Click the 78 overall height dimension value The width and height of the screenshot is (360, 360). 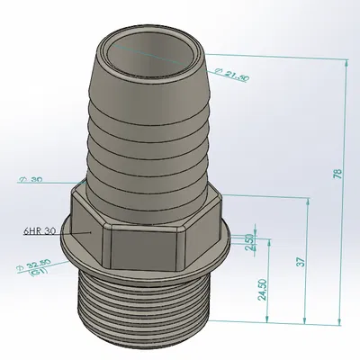click(337, 174)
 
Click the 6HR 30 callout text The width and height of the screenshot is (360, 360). click(40, 231)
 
